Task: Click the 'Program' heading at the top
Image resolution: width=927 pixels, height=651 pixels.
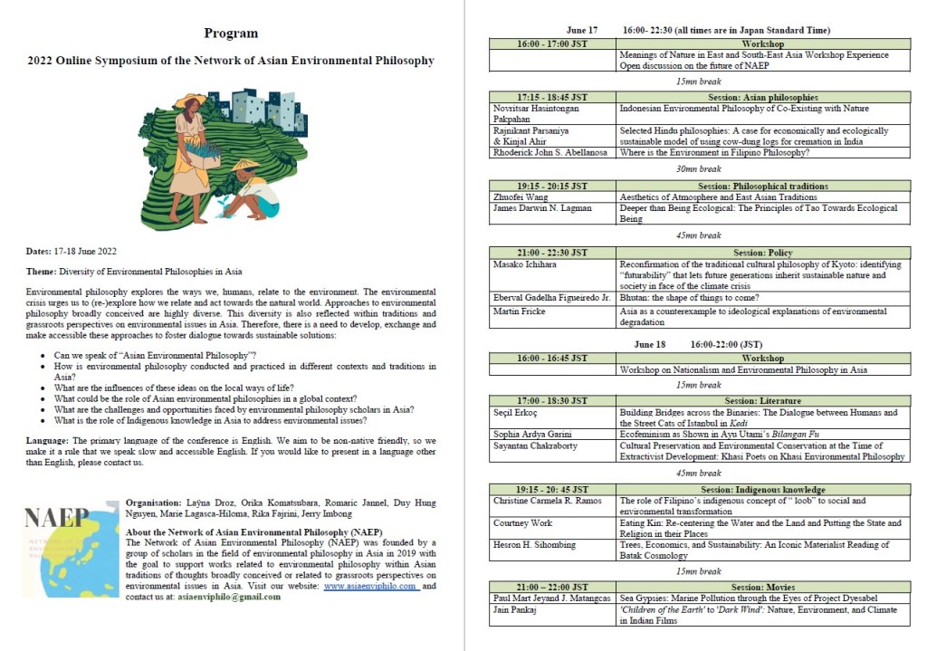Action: pyautogui.click(x=231, y=34)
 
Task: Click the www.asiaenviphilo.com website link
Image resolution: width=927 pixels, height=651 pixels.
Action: pyautogui.click(x=371, y=586)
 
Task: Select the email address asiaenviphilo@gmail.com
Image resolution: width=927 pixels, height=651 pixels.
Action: pyautogui.click(x=233, y=597)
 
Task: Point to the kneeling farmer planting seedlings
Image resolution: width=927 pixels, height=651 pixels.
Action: pyautogui.click(x=248, y=192)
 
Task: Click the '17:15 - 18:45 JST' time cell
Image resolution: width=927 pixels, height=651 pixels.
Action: pyautogui.click(x=551, y=97)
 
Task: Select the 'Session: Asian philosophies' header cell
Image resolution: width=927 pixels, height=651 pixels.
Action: pyautogui.click(x=763, y=97)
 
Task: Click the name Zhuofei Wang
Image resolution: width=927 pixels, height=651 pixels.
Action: pyautogui.click(x=522, y=196)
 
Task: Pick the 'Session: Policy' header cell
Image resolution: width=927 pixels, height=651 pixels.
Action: pyautogui.click(x=763, y=252)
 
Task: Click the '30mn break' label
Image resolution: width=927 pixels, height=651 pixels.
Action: pyautogui.click(x=698, y=168)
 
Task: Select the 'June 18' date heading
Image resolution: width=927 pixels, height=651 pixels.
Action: pyautogui.click(x=650, y=345)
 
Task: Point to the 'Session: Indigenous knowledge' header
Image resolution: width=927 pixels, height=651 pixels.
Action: pyautogui.click(x=763, y=489)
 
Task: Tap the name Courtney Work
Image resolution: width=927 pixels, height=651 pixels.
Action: pyautogui.click(x=523, y=523)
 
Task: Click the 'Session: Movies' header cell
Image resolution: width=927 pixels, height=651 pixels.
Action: pyautogui.click(x=763, y=587)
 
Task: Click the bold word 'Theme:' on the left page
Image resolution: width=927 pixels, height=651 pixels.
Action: pyautogui.click(x=42, y=271)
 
